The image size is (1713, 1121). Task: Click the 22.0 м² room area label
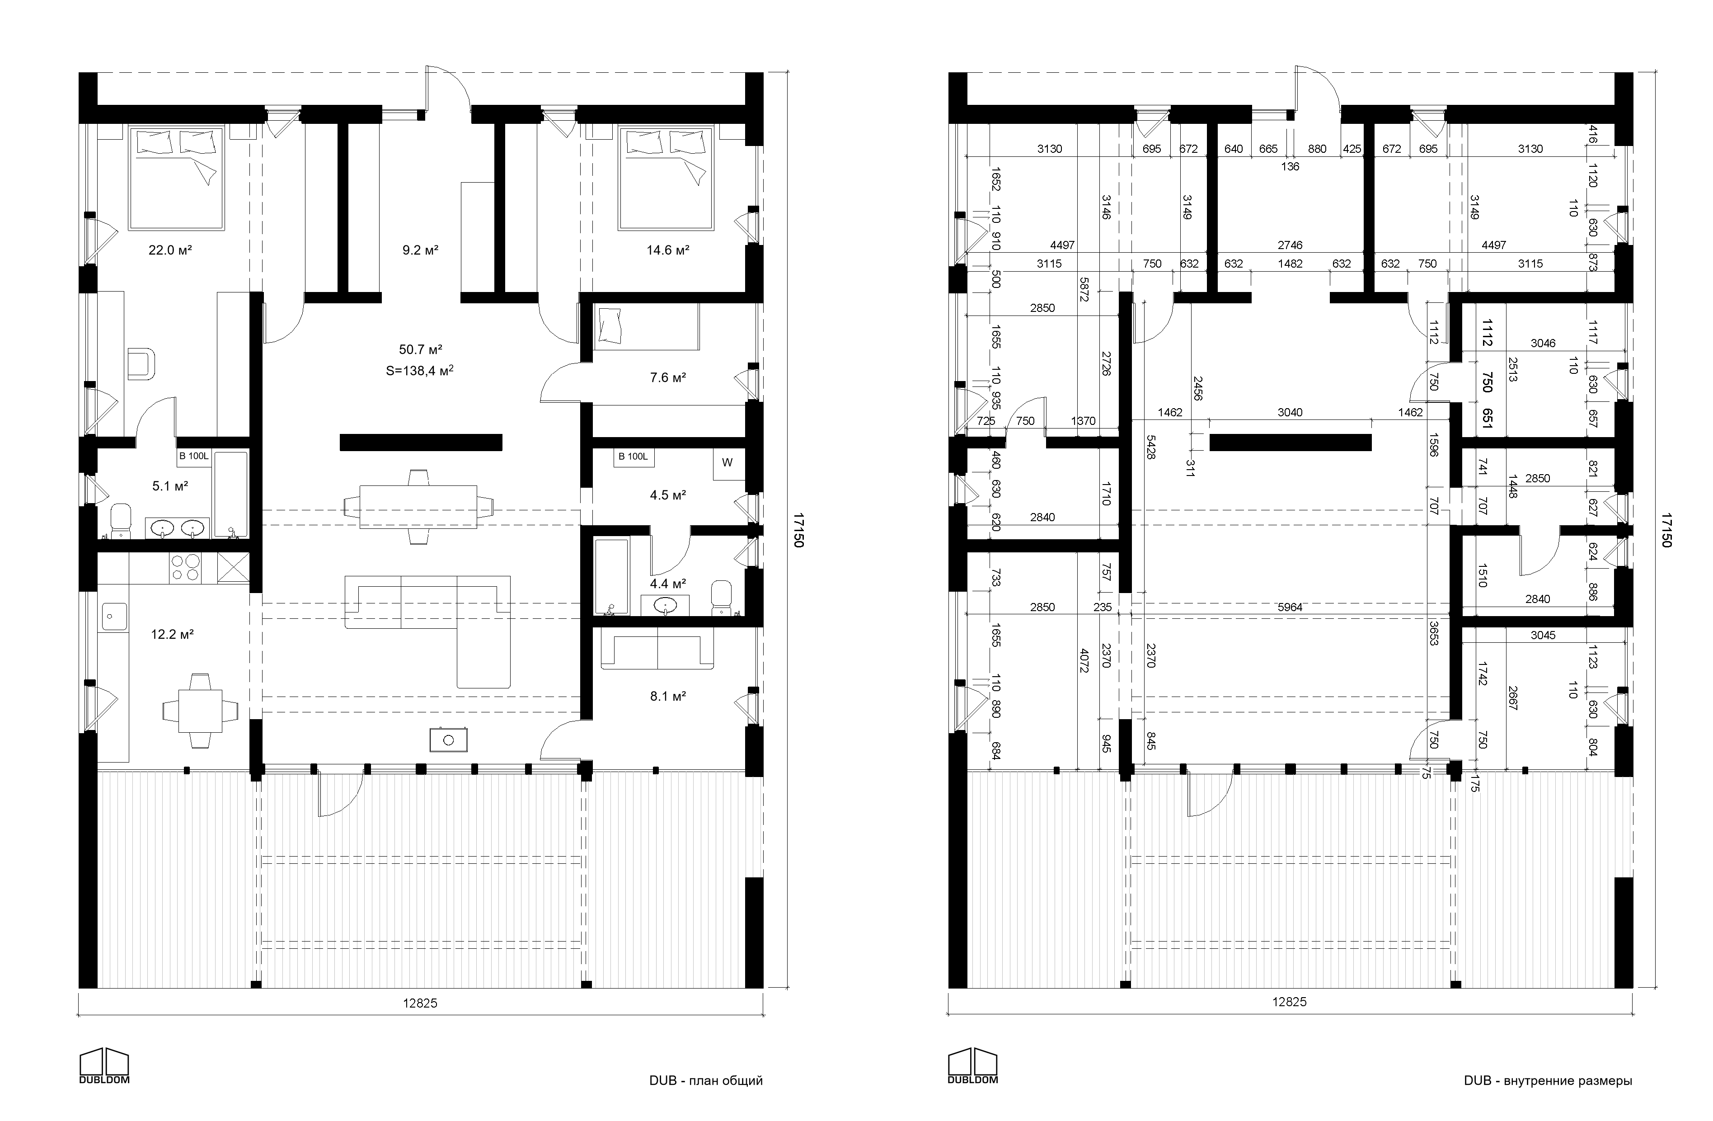coord(170,250)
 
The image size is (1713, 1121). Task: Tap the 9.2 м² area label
coord(420,250)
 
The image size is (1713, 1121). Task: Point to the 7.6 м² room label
coord(667,377)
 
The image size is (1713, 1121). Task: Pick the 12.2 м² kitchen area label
coord(172,634)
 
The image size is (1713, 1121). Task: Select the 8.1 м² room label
coord(667,696)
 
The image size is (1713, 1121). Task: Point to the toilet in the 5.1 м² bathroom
coord(121,520)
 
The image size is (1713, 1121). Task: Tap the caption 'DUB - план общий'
coord(705,1080)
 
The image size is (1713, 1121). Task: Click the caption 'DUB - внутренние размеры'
coord(1548,1080)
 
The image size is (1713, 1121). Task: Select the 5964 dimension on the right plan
coord(1290,607)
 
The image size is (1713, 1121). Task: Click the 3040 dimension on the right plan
coord(1290,413)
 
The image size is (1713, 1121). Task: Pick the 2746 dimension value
coord(1290,245)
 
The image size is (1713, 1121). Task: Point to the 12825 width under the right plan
coord(1289,1002)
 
